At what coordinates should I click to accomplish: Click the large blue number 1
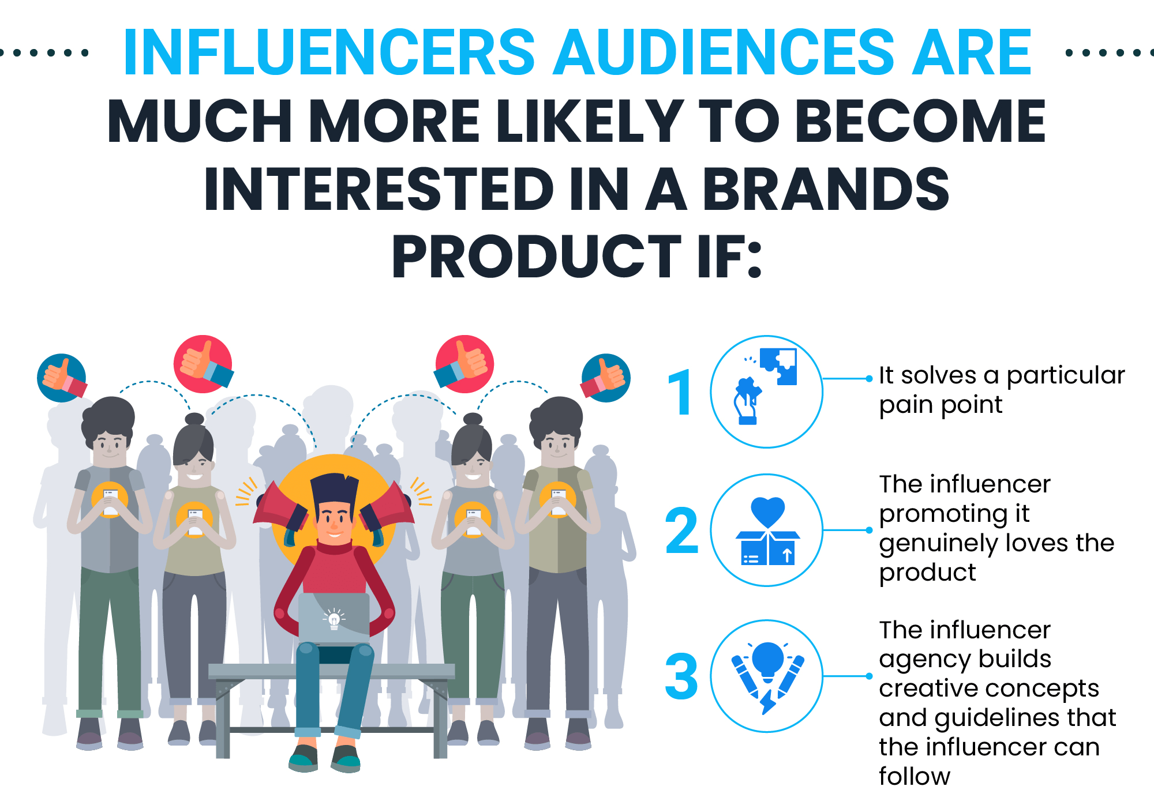point(680,392)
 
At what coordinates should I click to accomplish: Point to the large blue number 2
point(681,530)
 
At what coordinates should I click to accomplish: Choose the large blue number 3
point(681,676)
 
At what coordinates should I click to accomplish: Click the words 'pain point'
point(941,405)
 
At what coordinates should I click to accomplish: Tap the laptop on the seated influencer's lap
point(334,619)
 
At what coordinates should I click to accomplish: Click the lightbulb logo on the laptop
point(334,619)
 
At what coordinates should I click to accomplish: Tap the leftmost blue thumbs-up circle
point(62,378)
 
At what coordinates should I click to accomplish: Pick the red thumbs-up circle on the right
point(464,364)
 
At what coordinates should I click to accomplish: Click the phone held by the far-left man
point(110,501)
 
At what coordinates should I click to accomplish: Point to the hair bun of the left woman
point(194,419)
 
